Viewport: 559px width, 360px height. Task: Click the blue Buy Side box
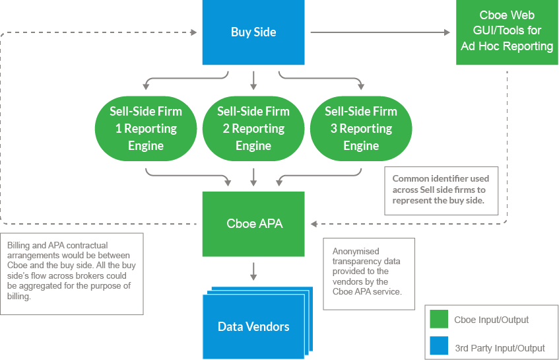[x=253, y=32]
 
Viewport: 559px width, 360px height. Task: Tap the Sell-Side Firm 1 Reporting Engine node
[x=146, y=128]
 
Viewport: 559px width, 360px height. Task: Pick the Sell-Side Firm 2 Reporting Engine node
[x=253, y=128]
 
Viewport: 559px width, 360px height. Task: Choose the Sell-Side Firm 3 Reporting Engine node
[x=361, y=128]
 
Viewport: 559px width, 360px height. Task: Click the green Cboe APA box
[x=253, y=224]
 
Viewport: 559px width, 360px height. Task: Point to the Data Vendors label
[x=253, y=326]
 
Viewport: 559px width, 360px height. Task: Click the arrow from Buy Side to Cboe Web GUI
[x=379, y=32]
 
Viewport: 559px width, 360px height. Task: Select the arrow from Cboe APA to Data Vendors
[x=253, y=271]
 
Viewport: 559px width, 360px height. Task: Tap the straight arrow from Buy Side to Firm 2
[x=253, y=79]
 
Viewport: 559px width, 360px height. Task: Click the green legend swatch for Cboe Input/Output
[x=438, y=320]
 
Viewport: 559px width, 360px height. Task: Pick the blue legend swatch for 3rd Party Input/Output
[x=438, y=346]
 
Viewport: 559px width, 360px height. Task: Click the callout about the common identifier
[x=441, y=190]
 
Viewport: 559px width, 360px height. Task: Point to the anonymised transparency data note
[x=368, y=272]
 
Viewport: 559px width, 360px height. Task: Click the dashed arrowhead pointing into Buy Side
[x=194, y=32]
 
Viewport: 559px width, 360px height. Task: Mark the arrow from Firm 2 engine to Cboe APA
[x=253, y=176]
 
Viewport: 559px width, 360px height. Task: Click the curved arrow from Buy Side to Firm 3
[x=330, y=79]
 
